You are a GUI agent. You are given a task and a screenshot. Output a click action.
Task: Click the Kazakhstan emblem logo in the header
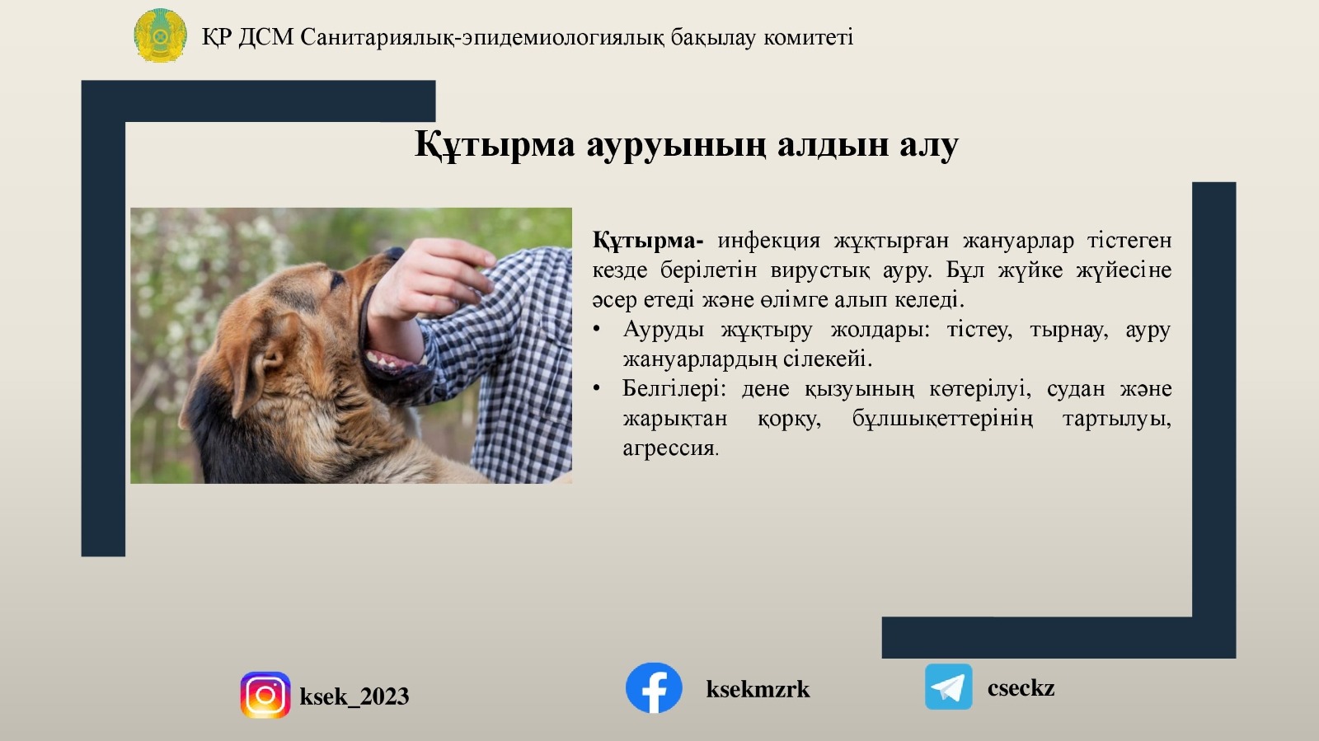point(160,35)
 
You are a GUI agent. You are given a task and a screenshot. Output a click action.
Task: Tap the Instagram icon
point(265,695)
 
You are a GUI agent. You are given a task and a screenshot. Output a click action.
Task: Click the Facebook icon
point(654,687)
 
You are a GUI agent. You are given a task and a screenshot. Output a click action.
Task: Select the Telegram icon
point(948,687)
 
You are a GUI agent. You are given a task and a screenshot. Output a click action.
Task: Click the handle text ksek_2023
point(354,696)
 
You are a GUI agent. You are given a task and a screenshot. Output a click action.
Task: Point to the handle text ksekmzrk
point(758,689)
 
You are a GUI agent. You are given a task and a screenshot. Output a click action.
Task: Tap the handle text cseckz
point(1021,687)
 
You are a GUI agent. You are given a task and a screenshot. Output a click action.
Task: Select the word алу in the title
point(928,145)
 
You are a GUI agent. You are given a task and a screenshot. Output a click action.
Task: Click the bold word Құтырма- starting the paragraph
point(647,241)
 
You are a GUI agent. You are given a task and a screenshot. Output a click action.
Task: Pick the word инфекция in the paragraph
point(768,241)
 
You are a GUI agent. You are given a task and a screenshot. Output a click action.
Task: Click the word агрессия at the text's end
point(669,448)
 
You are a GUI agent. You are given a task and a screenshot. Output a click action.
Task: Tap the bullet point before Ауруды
point(597,330)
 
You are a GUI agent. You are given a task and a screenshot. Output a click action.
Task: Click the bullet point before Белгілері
point(597,389)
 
